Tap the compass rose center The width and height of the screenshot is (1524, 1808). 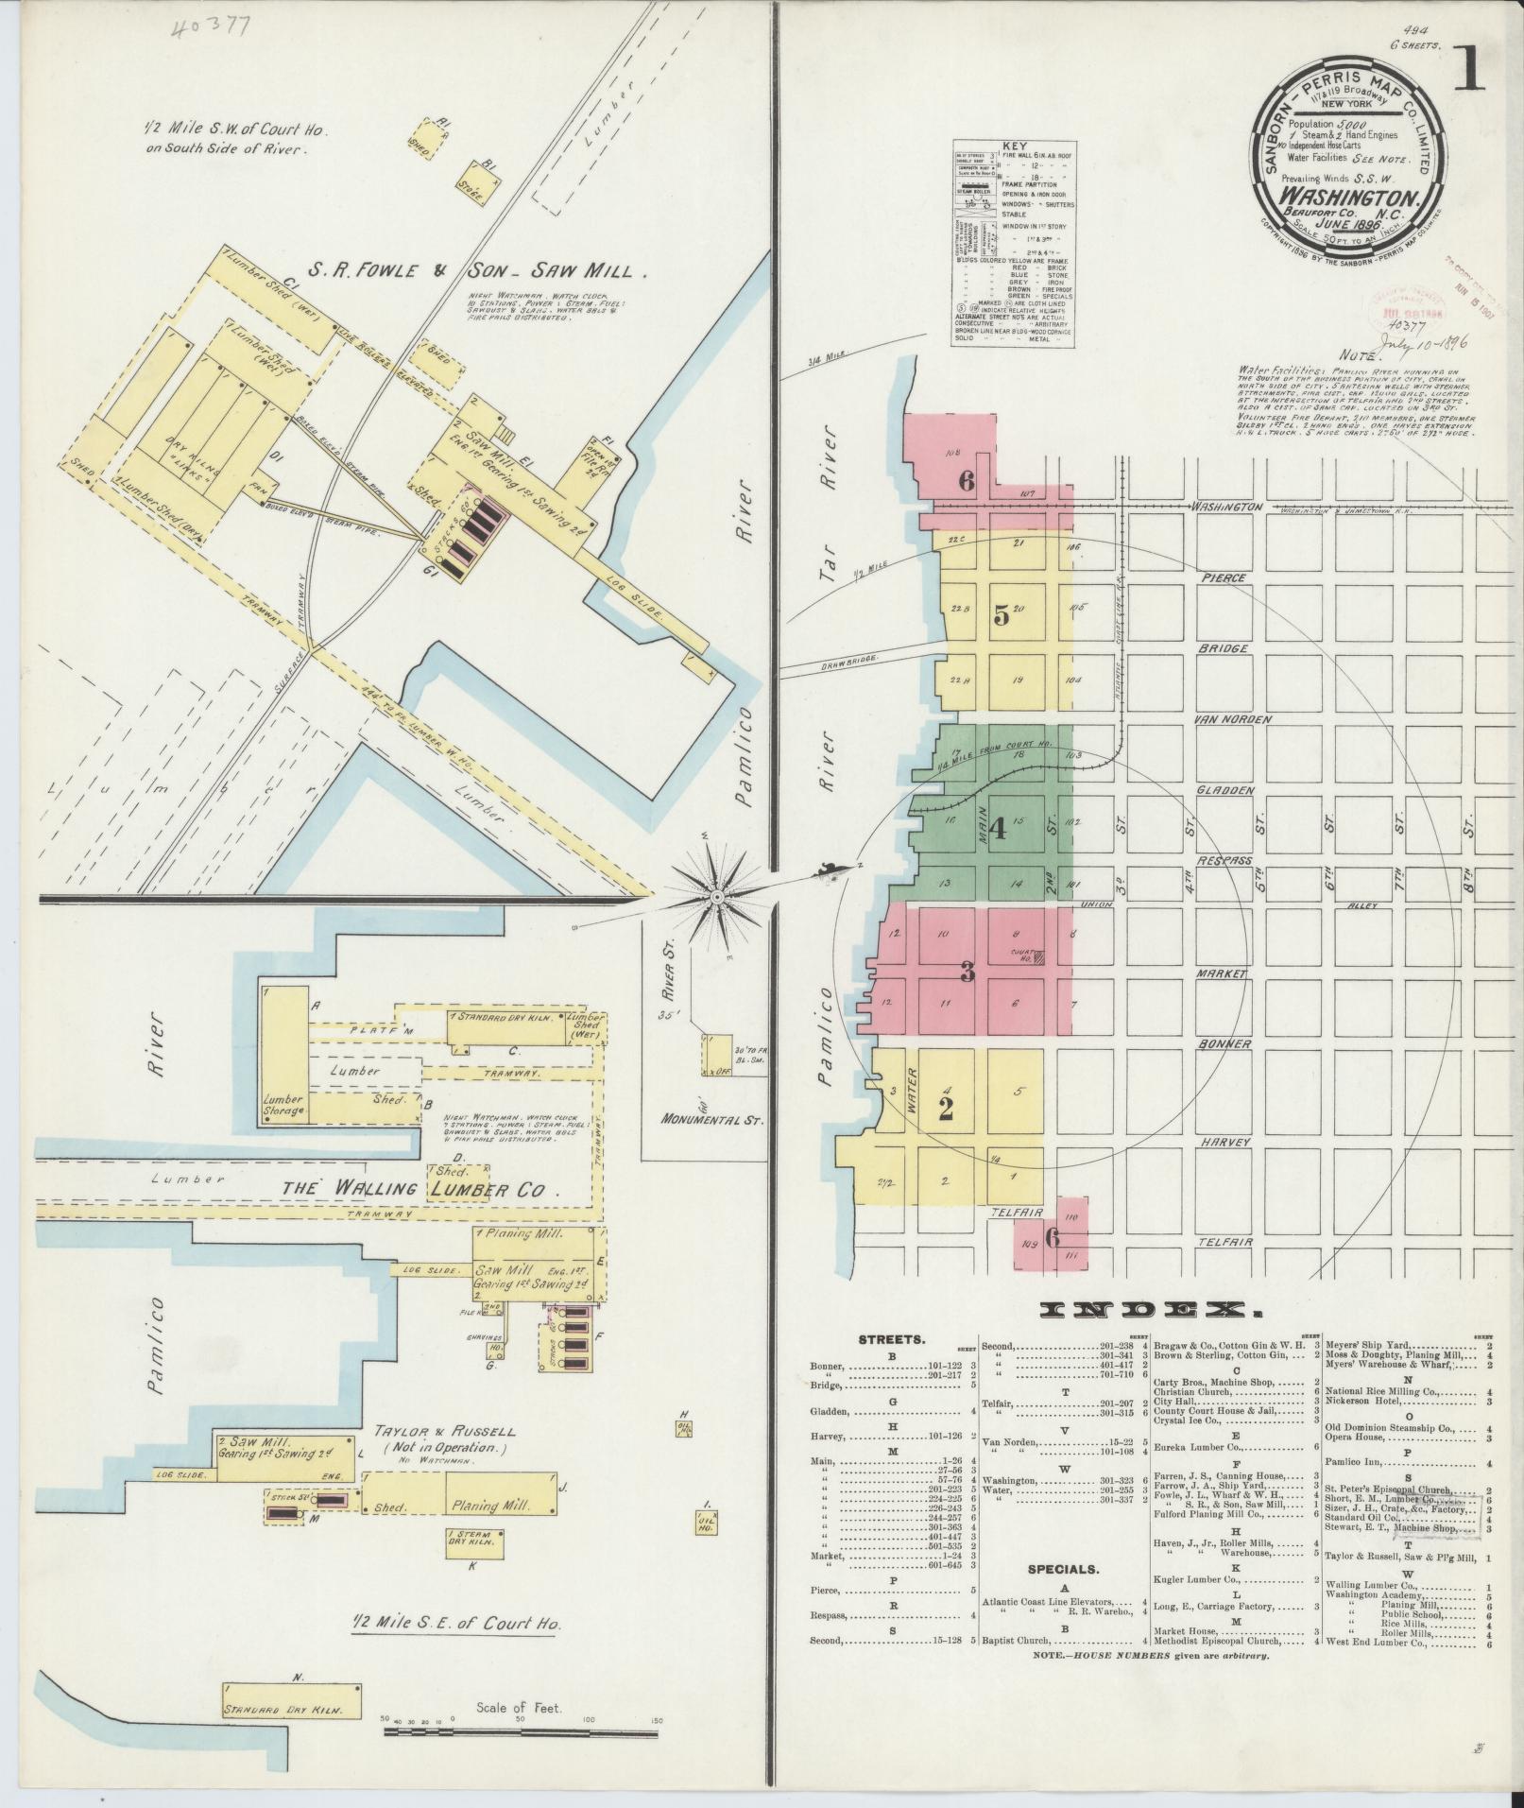(718, 895)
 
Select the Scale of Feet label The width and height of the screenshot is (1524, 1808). (520, 1708)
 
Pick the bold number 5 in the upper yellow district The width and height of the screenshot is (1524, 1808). (1001, 615)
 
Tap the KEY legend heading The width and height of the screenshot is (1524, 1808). (1014, 147)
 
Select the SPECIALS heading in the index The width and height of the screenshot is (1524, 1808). (1063, 1569)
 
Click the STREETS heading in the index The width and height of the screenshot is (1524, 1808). (891, 1339)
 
